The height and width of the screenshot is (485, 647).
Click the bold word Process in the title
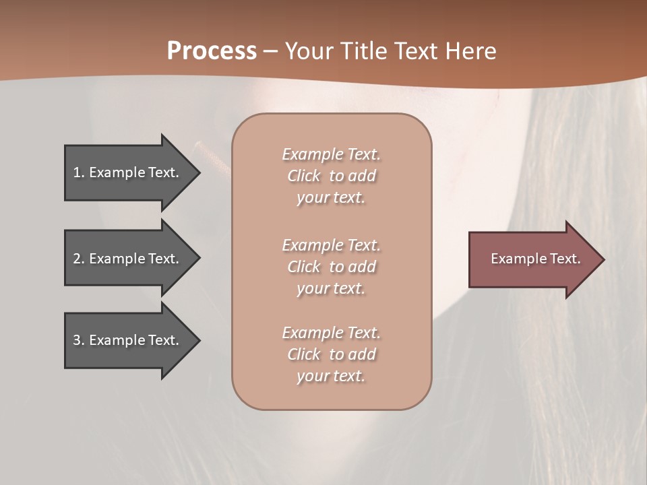tap(212, 51)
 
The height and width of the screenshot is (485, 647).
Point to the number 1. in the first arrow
tap(79, 172)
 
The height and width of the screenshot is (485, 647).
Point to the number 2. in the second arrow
tap(79, 259)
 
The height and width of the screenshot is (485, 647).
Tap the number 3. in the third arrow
tap(79, 340)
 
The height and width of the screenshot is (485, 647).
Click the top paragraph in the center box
tap(331, 176)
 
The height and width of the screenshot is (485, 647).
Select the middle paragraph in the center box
tap(331, 267)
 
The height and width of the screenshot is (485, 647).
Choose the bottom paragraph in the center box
tap(331, 354)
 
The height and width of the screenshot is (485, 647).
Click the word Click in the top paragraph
tap(304, 176)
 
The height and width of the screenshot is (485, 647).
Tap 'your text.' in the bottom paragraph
tap(331, 376)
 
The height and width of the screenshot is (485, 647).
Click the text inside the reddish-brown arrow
tap(535, 259)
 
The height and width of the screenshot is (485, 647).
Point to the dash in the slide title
tap(270, 52)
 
